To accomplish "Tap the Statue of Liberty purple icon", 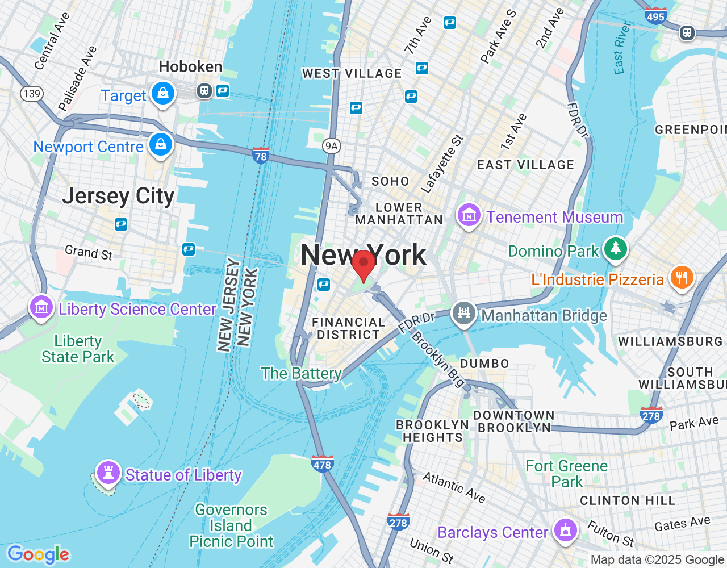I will [108, 472].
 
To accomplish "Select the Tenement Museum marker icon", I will [469, 215].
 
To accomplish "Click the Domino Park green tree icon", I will [615, 249].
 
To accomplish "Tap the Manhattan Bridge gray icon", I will [464, 313].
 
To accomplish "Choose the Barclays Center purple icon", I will [565, 531].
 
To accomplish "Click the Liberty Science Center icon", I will [41, 307].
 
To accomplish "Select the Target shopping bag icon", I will [163, 93].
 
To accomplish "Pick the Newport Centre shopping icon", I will [161, 144].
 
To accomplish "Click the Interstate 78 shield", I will [261, 154].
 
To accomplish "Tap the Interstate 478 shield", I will [322, 463].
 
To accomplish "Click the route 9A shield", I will [331, 146].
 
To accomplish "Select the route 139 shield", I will [32, 94].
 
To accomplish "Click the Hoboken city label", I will [190, 67].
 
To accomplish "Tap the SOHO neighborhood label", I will [390, 182].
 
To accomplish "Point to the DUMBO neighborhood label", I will [484, 364].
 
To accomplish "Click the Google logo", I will [38, 554].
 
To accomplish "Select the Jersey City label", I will [118, 196].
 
